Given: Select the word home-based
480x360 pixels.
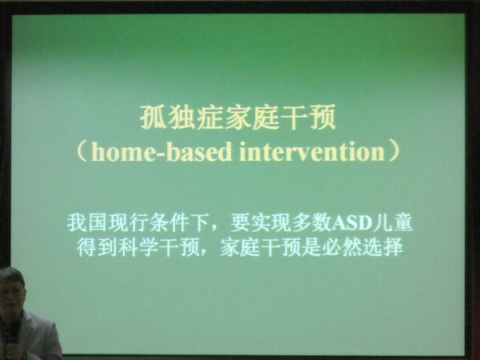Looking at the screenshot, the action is pos(162,152).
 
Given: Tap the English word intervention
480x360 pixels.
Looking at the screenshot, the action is pos(312,152).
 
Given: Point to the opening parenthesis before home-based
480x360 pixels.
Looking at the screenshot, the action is pos(82,151).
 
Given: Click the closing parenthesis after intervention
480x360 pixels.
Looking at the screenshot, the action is pos(394,151).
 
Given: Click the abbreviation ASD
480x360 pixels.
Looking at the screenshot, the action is pos(352,224).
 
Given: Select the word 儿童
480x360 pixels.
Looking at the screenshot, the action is pos(394,223).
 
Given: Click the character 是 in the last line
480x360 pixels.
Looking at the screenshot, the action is pos(311,247).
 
